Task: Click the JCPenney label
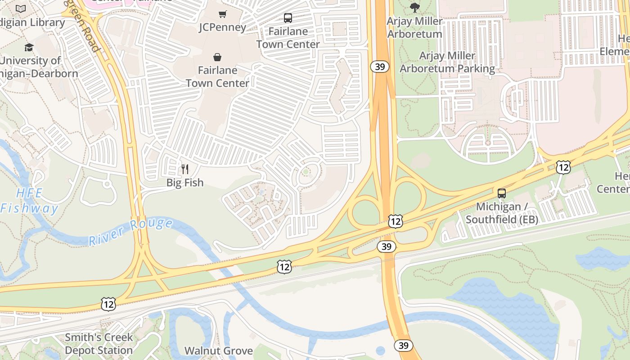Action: click(x=222, y=27)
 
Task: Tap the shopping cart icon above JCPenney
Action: click(x=222, y=14)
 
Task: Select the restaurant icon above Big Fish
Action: click(x=184, y=169)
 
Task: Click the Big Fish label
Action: click(x=184, y=183)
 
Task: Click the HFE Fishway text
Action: click(x=29, y=201)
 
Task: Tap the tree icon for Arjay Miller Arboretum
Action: click(x=414, y=7)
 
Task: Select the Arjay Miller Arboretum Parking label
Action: click(x=447, y=62)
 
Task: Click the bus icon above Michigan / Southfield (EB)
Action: click(x=501, y=193)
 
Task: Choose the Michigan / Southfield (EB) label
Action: click(x=501, y=213)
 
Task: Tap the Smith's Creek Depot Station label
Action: click(x=99, y=343)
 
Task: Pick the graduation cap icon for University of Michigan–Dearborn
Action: click(x=29, y=47)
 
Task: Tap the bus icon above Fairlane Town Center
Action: click(x=288, y=18)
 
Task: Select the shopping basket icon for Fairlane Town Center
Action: click(x=217, y=57)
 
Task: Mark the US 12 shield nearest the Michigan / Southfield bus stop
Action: click(x=563, y=167)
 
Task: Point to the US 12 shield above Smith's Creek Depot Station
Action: click(x=108, y=304)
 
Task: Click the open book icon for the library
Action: click(x=21, y=9)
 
